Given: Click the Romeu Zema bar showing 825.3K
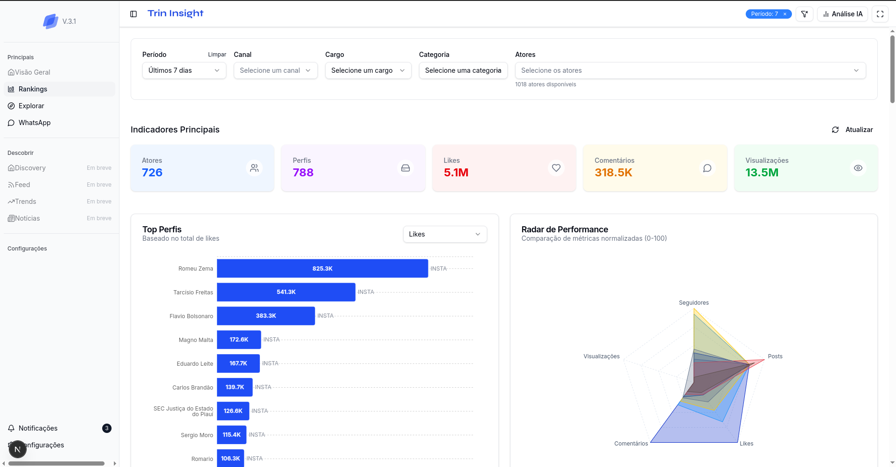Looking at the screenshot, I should click(322, 268).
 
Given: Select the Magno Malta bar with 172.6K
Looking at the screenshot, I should click(238, 340).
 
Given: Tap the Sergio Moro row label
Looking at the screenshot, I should click(196, 435).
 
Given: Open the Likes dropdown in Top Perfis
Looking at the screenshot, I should click(444, 234).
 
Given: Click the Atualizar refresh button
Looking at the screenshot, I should click(852, 130).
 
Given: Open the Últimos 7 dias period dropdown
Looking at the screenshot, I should click(184, 70).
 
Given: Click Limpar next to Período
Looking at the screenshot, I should click(217, 55).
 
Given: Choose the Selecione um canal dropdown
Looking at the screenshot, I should click(275, 70).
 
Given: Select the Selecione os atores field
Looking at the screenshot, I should click(690, 70).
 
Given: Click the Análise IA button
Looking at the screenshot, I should click(842, 14).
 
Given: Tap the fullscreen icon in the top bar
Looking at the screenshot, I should click(880, 14).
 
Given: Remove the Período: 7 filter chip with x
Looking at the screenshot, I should click(785, 14).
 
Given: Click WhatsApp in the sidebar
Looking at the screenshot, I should click(35, 123).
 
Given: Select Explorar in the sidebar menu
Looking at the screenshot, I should click(31, 106).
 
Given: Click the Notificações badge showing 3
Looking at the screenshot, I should click(107, 428).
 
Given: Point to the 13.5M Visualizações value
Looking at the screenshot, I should click(762, 173).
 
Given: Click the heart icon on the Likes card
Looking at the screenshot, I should click(556, 168).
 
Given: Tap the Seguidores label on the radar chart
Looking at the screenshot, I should click(693, 303).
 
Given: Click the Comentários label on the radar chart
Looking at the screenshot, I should click(631, 444).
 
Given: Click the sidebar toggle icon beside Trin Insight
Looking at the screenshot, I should click(133, 14).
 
